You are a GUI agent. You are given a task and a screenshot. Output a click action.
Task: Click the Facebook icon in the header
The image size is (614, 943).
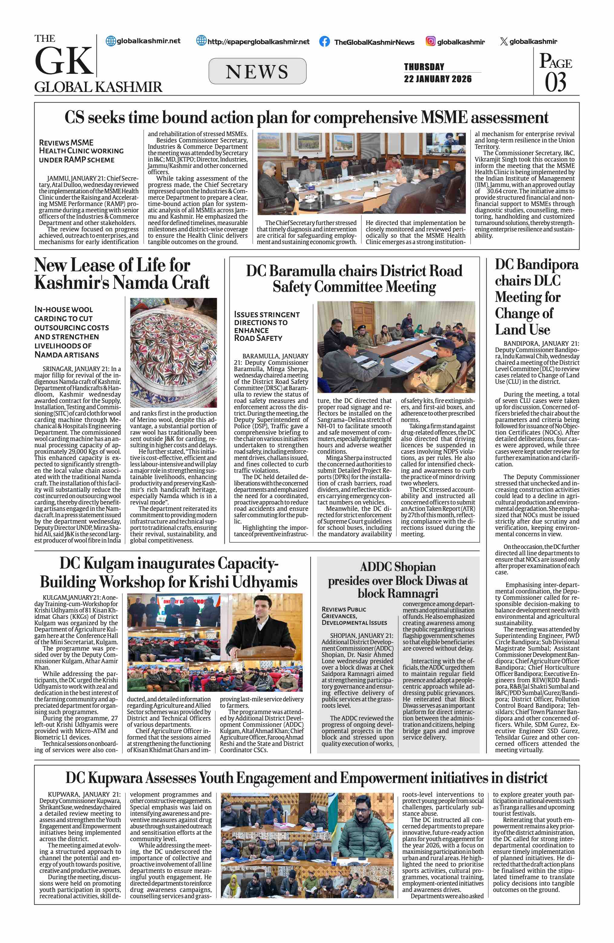[x=325, y=42]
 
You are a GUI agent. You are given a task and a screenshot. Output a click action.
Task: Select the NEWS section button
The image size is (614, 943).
[x=257, y=71]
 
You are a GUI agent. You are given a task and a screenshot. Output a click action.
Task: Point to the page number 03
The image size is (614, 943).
[x=555, y=82]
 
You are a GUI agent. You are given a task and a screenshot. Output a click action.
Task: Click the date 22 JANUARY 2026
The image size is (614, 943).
[x=438, y=79]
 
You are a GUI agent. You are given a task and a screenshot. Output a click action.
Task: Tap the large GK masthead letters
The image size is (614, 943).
[x=64, y=61]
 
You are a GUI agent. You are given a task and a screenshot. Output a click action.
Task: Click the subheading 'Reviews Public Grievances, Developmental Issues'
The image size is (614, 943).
[x=354, y=616]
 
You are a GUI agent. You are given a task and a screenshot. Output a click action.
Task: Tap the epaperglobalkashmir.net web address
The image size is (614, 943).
[x=258, y=42]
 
